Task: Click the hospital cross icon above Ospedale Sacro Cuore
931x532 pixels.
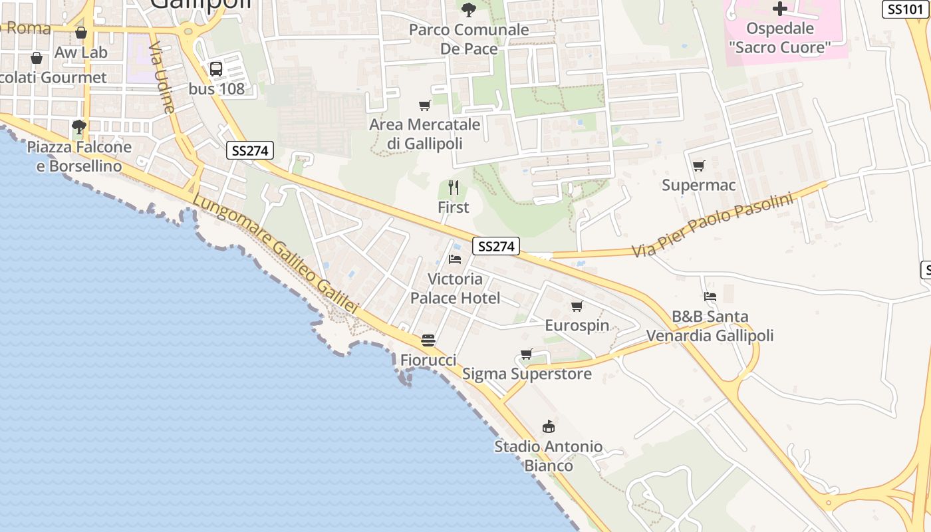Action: coord(779,9)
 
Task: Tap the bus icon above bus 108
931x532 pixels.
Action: coord(216,68)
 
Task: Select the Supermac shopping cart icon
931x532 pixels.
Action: coord(698,166)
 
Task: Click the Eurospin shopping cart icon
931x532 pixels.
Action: coord(577,306)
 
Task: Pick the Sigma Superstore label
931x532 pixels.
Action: coord(527,374)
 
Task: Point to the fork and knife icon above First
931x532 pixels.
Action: coord(454,188)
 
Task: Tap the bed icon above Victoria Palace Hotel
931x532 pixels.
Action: coord(455,259)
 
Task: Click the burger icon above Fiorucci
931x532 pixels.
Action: coord(428,340)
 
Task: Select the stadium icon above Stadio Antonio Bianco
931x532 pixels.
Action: coord(549,426)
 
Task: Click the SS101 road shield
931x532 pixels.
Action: coord(905,9)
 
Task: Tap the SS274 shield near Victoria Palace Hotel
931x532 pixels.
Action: coord(496,246)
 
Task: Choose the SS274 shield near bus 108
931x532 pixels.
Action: coord(250,150)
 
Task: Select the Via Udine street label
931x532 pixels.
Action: coord(162,78)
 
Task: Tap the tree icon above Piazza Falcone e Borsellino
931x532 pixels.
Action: coord(79,126)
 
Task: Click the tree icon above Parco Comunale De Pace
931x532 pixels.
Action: coord(469,9)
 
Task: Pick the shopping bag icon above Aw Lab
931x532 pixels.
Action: coord(81,33)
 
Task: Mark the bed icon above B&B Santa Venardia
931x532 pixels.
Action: coord(710,296)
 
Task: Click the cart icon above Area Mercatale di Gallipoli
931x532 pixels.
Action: coord(424,105)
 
